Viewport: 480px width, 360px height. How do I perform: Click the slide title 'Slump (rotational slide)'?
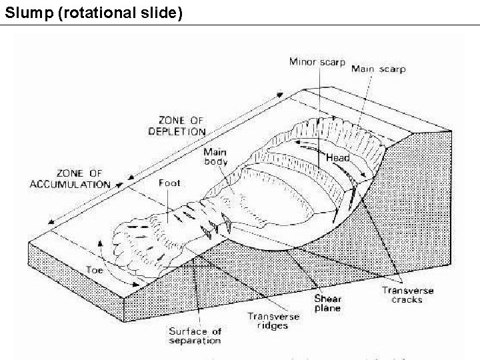pyautogui.click(x=93, y=12)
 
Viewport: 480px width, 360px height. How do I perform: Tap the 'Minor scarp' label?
pyautogui.click(x=317, y=62)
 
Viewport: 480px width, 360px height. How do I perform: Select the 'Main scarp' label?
pyautogui.click(x=378, y=69)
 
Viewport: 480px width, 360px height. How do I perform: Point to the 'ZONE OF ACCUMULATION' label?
pyautogui.click(x=70, y=179)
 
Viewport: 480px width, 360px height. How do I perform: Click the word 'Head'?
pyautogui.click(x=338, y=158)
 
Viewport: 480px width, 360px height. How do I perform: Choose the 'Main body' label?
pyautogui.click(x=215, y=157)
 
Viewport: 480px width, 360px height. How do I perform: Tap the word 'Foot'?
pyautogui.click(x=169, y=182)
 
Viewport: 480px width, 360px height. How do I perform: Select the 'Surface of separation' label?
pyautogui.click(x=194, y=336)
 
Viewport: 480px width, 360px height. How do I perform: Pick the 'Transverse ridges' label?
pyautogui.click(x=273, y=321)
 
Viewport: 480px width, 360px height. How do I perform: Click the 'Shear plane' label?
pyautogui.click(x=327, y=303)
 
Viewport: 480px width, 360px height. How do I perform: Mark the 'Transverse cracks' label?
pyautogui.click(x=407, y=295)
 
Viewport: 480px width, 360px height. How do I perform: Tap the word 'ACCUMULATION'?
pyautogui.click(x=70, y=184)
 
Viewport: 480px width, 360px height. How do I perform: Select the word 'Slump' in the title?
pyautogui.click(x=29, y=12)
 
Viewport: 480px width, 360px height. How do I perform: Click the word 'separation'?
pyautogui.click(x=194, y=341)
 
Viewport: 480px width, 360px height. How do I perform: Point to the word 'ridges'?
pyautogui.click(x=273, y=326)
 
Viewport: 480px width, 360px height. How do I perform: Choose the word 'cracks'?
pyautogui.click(x=407, y=300)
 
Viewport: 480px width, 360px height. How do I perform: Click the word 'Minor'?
pyautogui.click(x=302, y=62)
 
